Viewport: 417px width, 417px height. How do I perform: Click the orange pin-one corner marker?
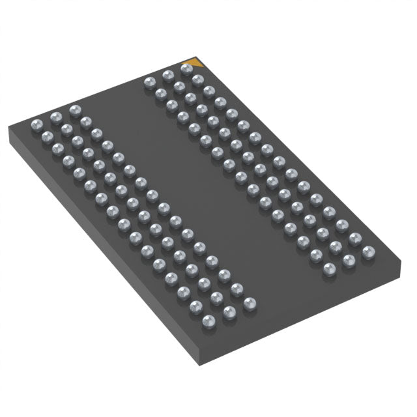(x=196, y=63)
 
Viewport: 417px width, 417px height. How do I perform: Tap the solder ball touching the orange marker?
(x=187, y=68)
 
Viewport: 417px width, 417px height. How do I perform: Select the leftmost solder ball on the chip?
(x=36, y=121)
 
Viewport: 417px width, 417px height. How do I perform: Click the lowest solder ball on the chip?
(x=209, y=320)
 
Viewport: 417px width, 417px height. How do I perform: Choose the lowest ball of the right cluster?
(x=330, y=269)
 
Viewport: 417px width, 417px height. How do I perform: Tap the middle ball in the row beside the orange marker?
(x=168, y=76)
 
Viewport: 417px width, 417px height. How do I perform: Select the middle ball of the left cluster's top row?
(x=55, y=114)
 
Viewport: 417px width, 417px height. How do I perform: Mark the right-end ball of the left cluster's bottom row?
(x=249, y=303)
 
